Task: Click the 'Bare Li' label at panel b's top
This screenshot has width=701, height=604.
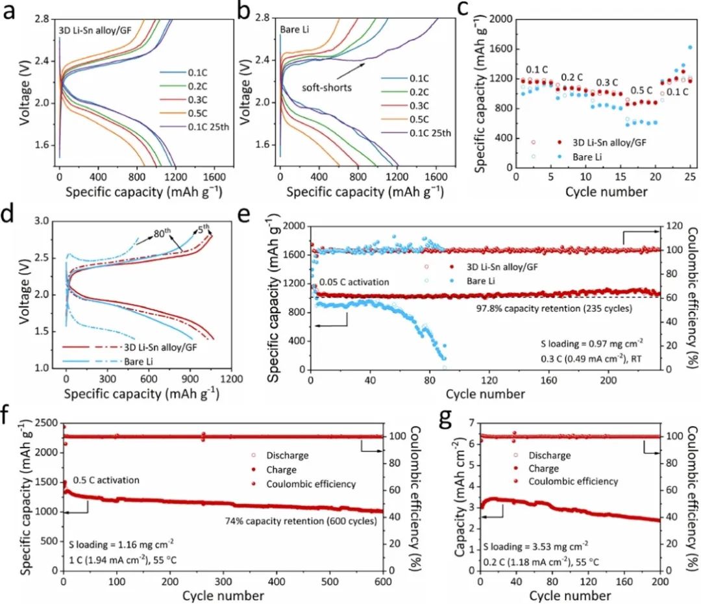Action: coord(293,29)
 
